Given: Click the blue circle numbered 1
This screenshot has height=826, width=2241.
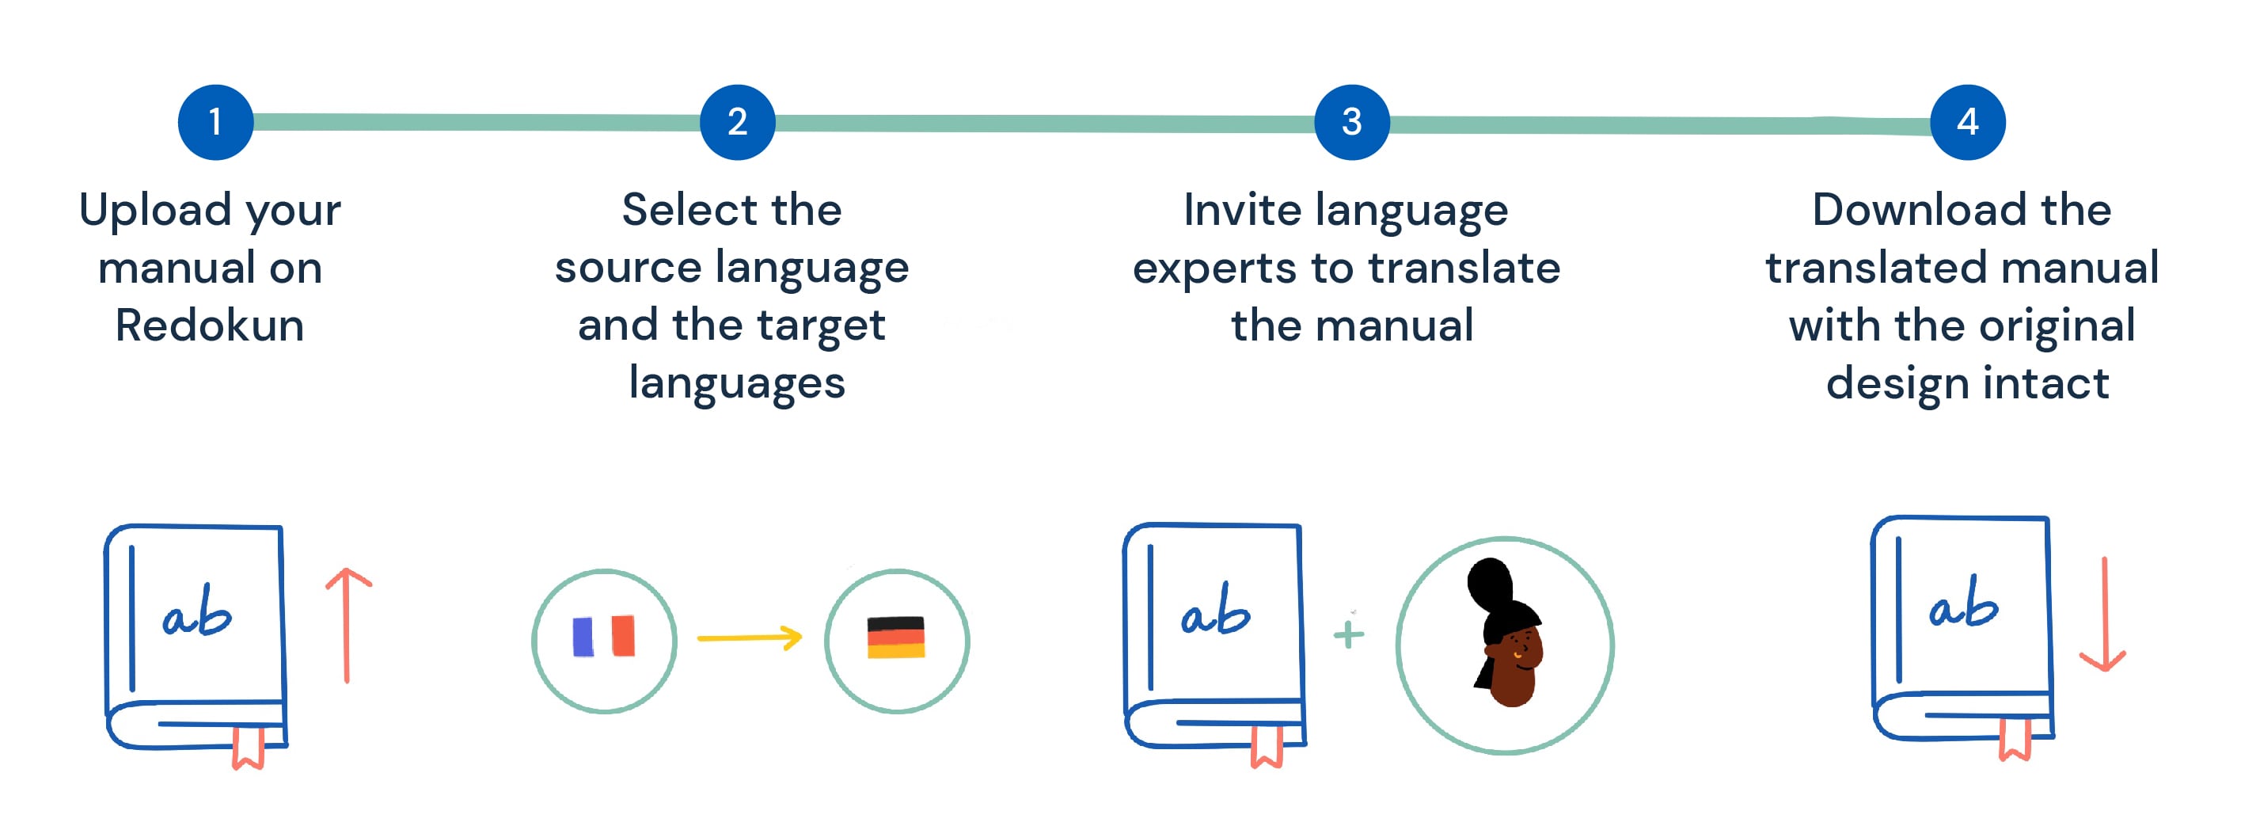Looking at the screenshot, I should [215, 122].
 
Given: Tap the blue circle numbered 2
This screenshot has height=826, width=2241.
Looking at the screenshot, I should [737, 122].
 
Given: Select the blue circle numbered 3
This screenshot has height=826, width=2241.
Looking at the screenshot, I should [1351, 122].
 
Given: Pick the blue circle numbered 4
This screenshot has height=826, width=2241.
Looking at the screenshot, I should [1967, 122].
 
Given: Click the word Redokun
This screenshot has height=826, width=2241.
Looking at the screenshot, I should [210, 325].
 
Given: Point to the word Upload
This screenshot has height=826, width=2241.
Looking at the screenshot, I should [155, 210].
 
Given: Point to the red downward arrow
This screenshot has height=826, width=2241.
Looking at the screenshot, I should [2103, 615].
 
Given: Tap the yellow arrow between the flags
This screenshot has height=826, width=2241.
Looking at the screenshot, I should [749, 638].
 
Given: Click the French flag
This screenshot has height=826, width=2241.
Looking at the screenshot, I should [604, 636].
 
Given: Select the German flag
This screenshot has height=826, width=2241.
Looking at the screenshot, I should [896, 638].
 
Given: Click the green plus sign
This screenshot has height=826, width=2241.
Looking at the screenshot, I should [1348, 634].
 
